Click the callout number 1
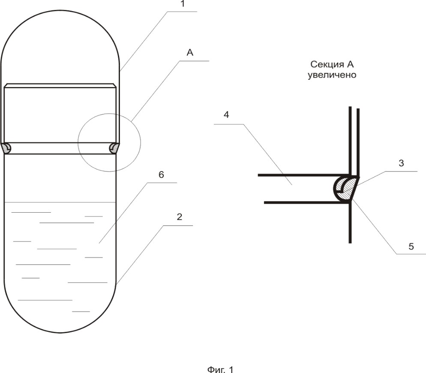(183, 4)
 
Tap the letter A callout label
(190, 52)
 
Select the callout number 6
(161, 175)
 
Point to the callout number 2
(179, 217)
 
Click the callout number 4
(226, 115)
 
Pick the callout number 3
(401, 163)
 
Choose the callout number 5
(411, 247)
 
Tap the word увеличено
(332, 75)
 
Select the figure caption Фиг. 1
(220, 369)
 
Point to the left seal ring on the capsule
(6, 148)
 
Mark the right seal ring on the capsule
(114, 148)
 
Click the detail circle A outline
(141, 142)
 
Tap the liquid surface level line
(60, 202)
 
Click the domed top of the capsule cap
(60, 10)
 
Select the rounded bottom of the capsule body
(60, 333)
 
